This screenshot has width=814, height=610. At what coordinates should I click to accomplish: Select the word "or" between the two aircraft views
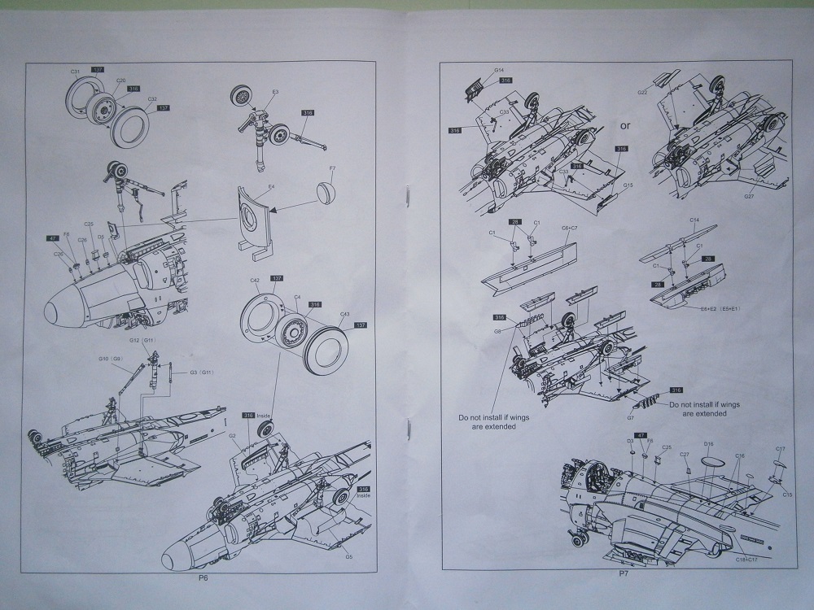(625, 126)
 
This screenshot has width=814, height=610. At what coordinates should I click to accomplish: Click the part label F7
(332, 169)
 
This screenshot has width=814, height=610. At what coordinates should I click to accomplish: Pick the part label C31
(74, 72)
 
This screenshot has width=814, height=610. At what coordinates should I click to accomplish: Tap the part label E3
(276, 93)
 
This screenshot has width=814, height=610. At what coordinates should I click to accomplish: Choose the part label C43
(345, 315)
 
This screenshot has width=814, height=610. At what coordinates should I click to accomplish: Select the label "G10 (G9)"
(110, 359)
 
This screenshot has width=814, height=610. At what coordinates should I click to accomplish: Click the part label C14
(694, 220)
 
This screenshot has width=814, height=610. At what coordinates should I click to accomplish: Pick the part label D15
(708, 444)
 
